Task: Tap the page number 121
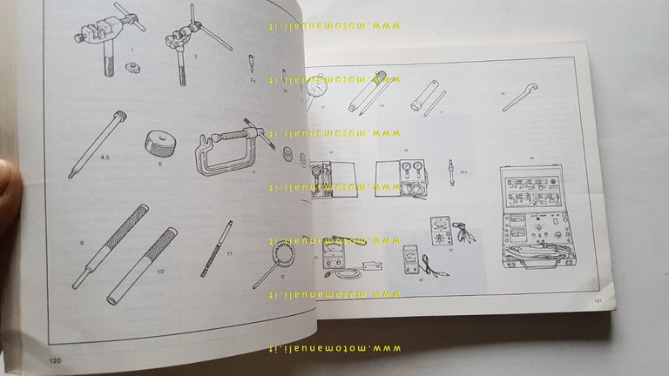click(x=598, y=301)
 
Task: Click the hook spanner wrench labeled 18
click(x=520, y=100)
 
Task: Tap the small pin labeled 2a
click(x=249, y=64)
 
